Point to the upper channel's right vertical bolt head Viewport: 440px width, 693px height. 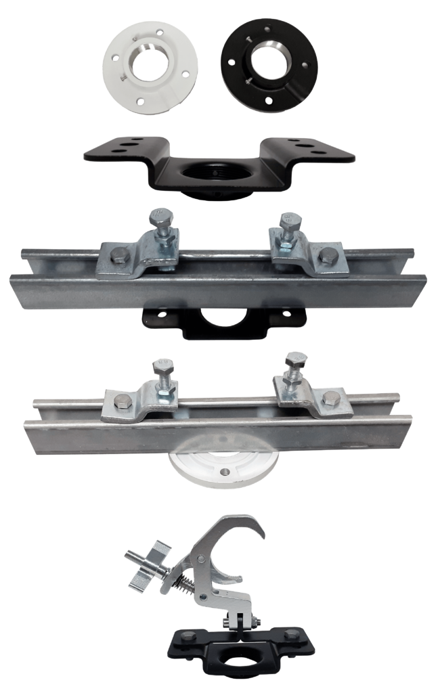pyautogui.click(x=290, y=221)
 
